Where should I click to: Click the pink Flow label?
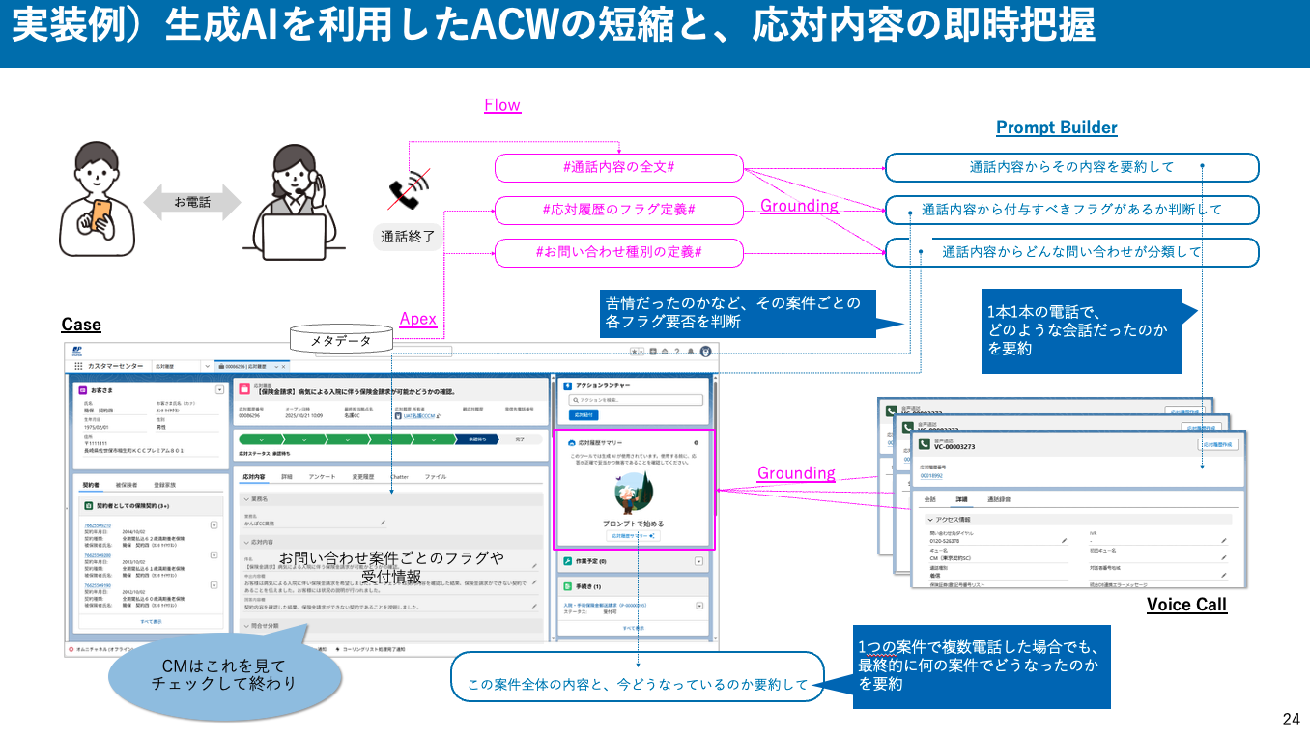coord(502,105)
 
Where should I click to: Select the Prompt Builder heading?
coord(1056,128)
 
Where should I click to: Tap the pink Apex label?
coord(417,319)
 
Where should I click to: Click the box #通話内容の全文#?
coord(618,167)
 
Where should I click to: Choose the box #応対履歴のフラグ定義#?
coord(618,210)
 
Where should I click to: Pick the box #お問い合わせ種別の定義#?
coord(618,253)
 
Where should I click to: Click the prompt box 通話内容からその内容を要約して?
coord(1071,167)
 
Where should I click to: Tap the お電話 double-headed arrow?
coord(191,202)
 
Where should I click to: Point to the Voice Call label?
coord(1186,605)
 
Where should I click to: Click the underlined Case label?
coord(81,325)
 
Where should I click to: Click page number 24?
coord(1291,719)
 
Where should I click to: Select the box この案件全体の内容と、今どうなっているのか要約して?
coord(637,685)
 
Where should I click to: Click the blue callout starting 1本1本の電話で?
coord(1082,331)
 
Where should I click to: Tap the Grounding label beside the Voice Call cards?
coord(796,473)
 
